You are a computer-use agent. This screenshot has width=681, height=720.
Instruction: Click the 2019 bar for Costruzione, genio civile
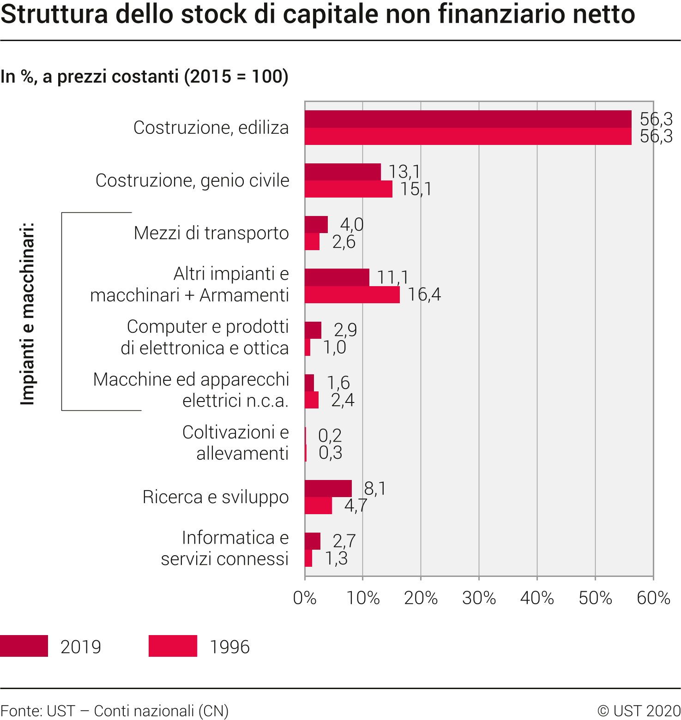[x=343, y=172]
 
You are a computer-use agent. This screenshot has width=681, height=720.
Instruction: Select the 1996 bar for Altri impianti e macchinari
[x=352, y=295]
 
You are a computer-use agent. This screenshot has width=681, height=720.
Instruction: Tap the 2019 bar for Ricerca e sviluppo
[x=328, y=489]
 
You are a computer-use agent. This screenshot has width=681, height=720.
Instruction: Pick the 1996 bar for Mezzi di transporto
[x=312, y=242]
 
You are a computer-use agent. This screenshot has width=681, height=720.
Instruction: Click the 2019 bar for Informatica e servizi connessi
[x=313, y=541]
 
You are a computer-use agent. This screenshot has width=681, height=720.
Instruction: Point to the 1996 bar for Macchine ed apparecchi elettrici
[x=312, y=400]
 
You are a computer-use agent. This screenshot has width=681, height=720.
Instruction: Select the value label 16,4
[x=424, y=294]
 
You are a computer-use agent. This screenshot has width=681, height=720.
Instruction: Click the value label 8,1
[x=374, y=488]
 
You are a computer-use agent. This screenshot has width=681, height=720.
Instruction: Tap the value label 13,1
[x=404, y=172]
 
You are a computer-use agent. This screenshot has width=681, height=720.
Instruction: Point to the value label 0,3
[x=330, y=453]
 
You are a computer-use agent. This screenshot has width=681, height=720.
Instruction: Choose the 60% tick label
[x=653, y=598]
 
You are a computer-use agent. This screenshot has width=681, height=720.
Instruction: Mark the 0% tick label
[x=305, y=598]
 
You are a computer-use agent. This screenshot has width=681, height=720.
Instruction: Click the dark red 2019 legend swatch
[x=24, y=646]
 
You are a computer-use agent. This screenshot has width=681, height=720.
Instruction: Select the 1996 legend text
[x=229, y=647]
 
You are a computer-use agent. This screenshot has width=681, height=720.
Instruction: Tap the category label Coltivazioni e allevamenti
[x=235, y=443]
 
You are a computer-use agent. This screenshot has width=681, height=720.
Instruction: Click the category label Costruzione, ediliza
[x=211, y=128]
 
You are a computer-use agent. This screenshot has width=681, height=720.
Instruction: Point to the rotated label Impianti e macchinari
[x=28, y=314]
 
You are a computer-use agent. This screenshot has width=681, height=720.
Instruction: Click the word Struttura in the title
[x=54, y=14]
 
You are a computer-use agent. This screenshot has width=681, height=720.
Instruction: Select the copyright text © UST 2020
[x=639, y=711]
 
